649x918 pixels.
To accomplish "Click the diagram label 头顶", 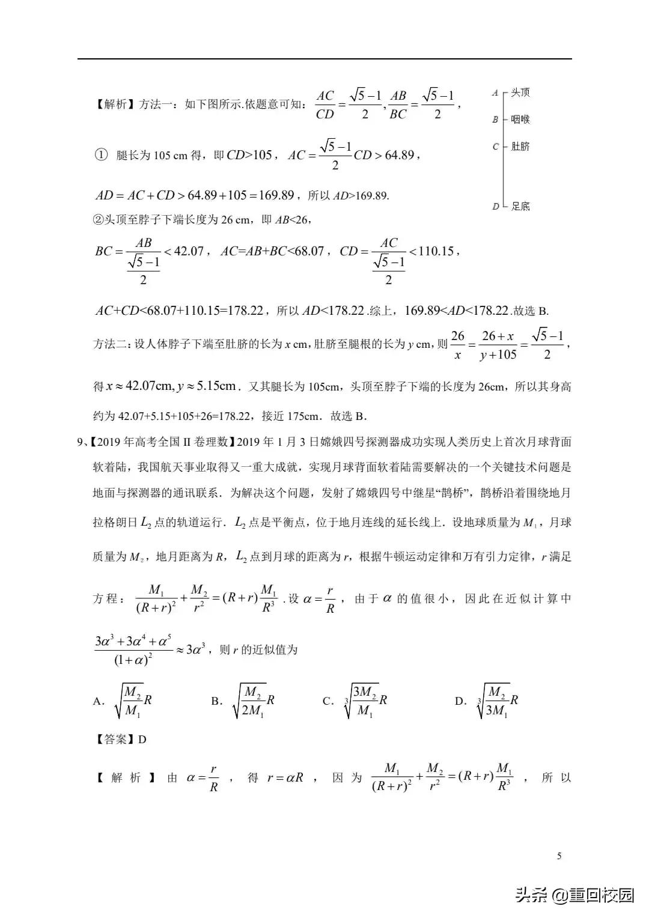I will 520,93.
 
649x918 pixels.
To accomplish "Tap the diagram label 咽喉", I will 520,120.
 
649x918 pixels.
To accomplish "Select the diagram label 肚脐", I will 520,147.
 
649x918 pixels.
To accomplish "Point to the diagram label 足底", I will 520,207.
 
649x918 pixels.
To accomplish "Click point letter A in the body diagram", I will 495,93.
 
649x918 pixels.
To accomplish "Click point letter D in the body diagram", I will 495,207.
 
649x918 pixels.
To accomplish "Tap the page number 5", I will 559,856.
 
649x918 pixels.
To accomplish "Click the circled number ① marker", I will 100,155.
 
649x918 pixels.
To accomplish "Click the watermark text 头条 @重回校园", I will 573,895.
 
